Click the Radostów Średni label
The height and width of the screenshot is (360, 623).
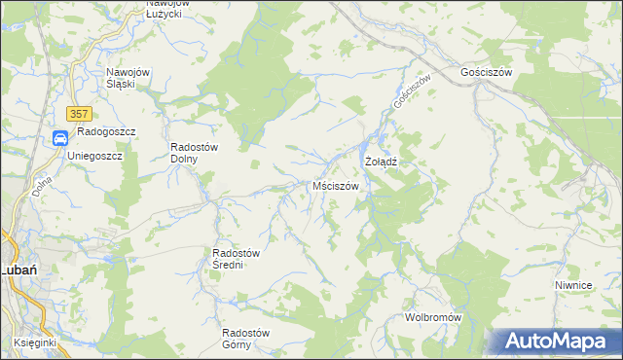[x=235, y=259]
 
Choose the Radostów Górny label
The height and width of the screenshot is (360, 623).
[x=244, y=339]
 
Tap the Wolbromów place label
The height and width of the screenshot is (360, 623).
[x=432, y=318]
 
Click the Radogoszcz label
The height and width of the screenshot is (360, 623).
[x=107, y=131]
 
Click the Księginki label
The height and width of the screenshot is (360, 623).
[x=36, y=343]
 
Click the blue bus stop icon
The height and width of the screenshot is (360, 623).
[x=60, y=138]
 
